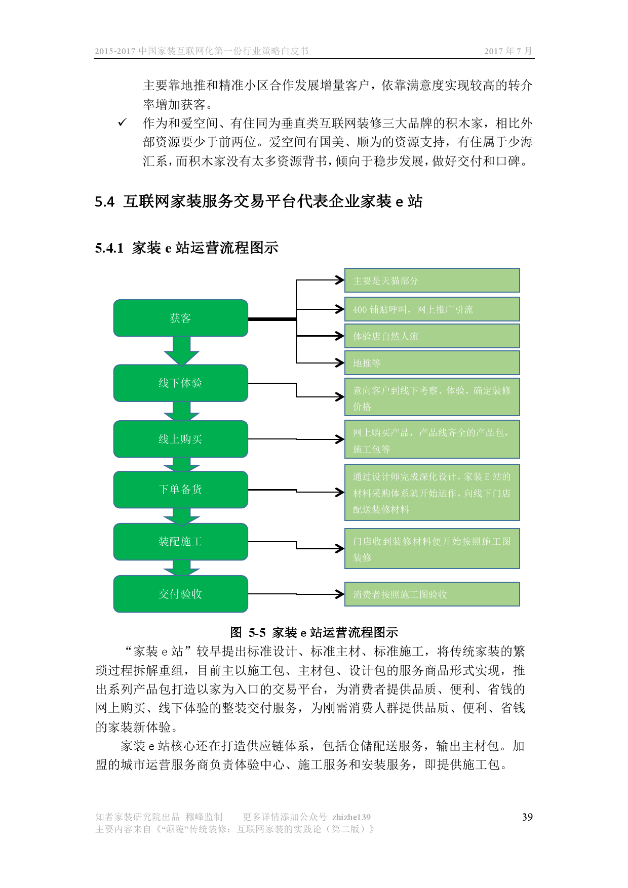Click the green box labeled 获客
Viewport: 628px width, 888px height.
(180, 318)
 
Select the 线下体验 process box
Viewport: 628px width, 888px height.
(180, 383)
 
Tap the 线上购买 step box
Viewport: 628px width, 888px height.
(180, 439)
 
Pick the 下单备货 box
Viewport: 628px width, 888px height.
(180, 489)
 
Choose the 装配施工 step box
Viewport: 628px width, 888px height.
(180, 541)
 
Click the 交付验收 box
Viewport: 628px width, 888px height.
(180, 594)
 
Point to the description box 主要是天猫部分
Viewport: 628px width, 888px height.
(432, 280)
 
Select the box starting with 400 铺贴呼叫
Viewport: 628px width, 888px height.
(432, 309)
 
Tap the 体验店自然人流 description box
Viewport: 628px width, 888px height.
(432, 336)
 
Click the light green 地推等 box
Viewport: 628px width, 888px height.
(432, 363)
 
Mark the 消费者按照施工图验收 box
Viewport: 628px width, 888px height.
(432, 594)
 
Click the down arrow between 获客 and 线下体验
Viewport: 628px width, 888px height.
(181, 351)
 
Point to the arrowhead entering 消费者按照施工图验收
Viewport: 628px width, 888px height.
(340, 594)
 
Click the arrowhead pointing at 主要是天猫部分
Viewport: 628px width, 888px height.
(340, 279)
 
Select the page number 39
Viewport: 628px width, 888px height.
(527, 817)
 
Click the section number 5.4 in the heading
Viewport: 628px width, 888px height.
(104, 201)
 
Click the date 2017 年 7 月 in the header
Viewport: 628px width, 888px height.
(508, 51)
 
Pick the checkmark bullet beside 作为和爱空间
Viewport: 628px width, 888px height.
(122, 123)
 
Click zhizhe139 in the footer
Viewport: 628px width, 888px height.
(351, 817)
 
